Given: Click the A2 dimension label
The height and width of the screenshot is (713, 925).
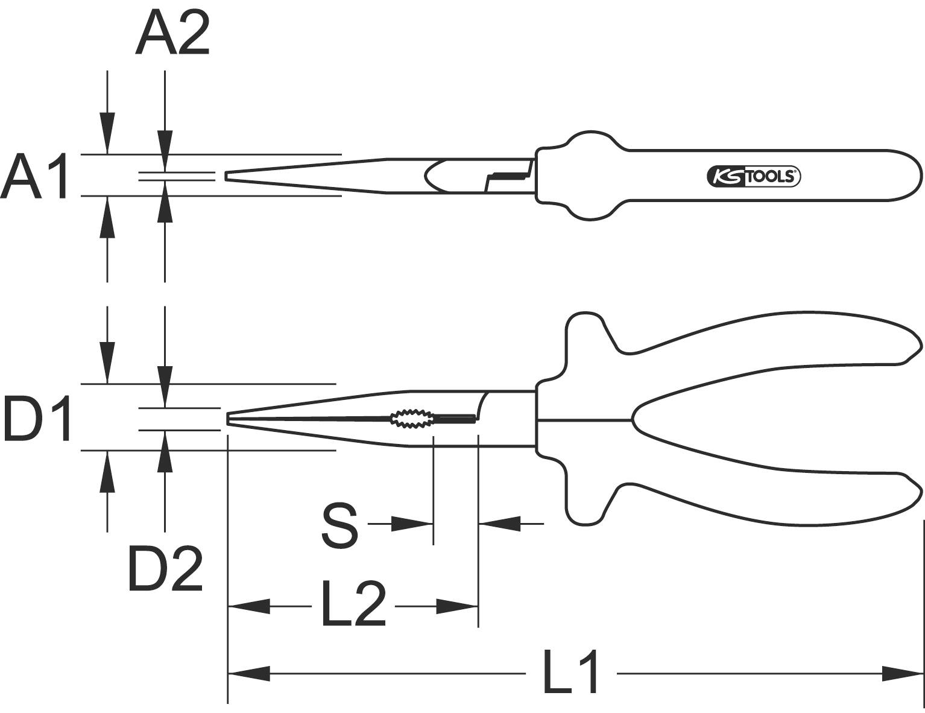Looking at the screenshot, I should [172, 35].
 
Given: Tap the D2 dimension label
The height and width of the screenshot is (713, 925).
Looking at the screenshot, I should [165, 569].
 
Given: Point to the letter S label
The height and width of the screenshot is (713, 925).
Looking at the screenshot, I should [340, 527].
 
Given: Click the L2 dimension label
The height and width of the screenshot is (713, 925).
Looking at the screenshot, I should [353, 604].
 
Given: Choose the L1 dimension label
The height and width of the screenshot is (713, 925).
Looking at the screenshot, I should [570, 673].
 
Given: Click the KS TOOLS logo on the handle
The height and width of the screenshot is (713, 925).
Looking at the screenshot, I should [753, 176].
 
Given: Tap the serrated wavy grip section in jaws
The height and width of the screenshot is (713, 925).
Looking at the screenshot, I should [411, 418].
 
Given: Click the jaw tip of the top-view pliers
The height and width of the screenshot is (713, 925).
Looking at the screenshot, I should [227, 176].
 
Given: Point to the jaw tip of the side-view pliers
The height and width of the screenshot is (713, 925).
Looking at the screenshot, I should [229, 418].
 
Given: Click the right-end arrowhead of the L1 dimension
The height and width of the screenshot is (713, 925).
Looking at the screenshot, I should [902, 673].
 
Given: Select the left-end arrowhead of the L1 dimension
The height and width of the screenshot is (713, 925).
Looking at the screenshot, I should [249, 673].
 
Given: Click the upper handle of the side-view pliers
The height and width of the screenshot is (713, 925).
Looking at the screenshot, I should [754, 344].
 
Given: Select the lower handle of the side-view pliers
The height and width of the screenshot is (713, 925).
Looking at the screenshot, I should [754, 495].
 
